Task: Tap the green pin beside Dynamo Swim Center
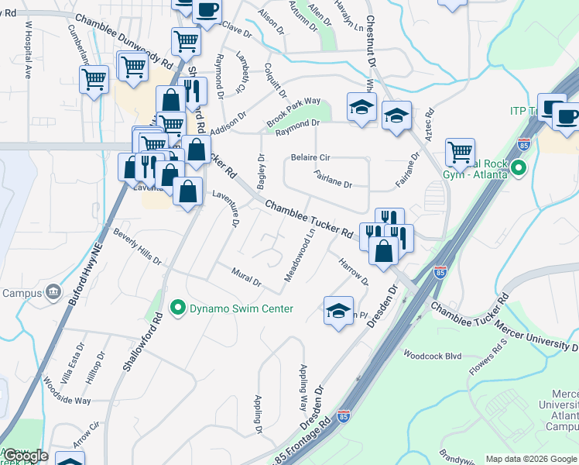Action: pyautogui.click(x=177, y=308)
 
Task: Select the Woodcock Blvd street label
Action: pyautogui.click(x=432, y=355)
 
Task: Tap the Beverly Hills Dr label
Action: pyautogui.click(x=137, y=246)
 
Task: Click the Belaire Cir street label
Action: pyautogui.click(x=310, y=157)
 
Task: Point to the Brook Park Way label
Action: pyautogui.click(x=293, y=112)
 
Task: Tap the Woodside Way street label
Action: pyautogui.click(x=67, y=391)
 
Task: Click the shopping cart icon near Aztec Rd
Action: pyautogui.click(x=461, y=151)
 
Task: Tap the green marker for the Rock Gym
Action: pyautogui.click(x=519, y=167)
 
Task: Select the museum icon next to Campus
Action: pyautogui.click(x=53, y=292)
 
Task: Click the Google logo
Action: pyautogui.click(x=26, y=456)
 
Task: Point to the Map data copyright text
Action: pyautogui.click(x=530, y=459)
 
